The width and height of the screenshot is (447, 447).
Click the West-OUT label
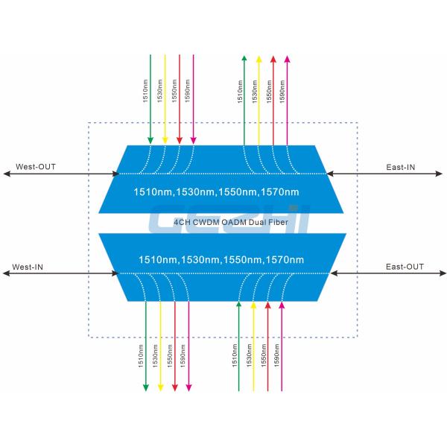coord(34,166)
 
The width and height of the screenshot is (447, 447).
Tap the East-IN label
coord(400,167)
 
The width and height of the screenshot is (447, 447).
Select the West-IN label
coord(28,266)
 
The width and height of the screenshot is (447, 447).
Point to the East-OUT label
coord(405,266)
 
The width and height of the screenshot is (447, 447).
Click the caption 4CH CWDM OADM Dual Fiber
coord(221,221)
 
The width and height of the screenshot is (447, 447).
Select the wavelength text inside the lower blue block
coord(221,259)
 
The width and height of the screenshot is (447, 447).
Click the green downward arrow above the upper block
coord(150,97)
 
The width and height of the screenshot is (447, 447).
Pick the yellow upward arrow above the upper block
coord(259,97)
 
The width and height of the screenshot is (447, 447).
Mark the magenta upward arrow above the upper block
coord(288,97)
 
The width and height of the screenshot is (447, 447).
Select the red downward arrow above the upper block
coord(179,97)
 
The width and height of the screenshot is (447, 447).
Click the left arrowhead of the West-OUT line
coord(6,174)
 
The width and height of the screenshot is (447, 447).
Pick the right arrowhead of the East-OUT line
coord(441,273)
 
